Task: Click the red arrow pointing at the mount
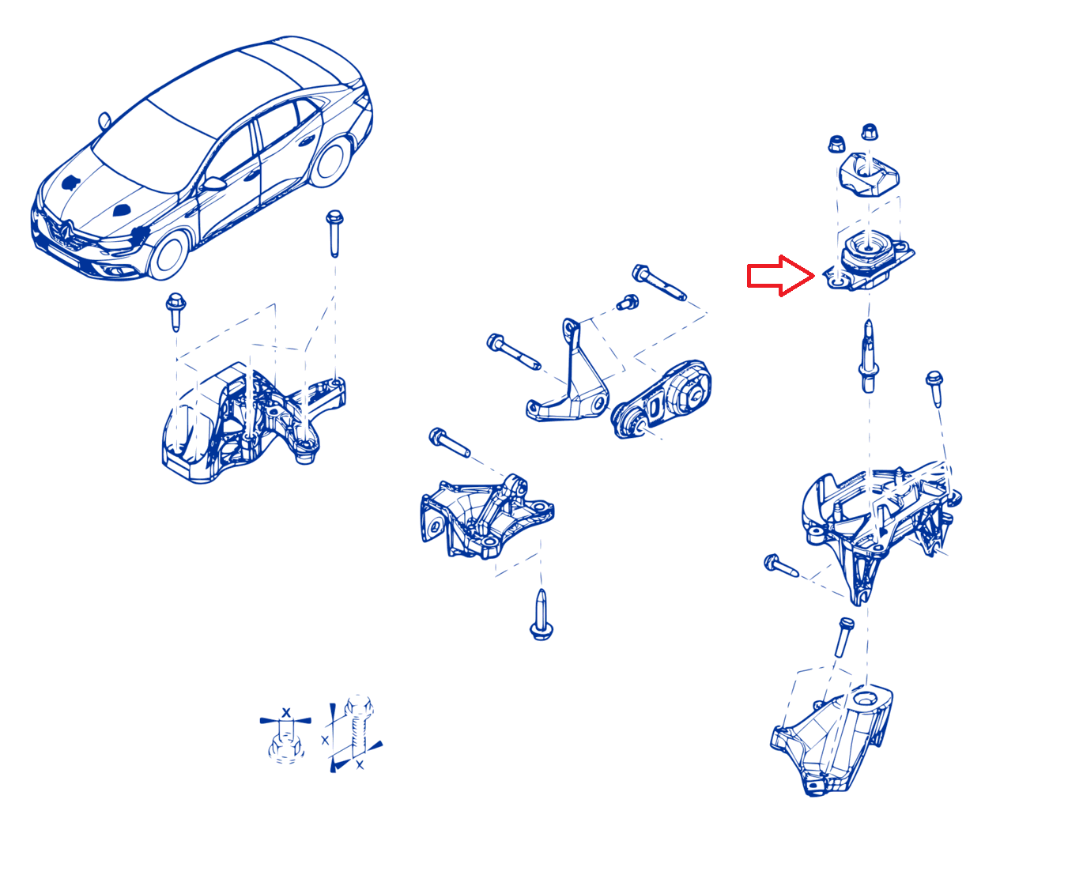779,276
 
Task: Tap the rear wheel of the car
330,161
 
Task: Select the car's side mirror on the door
213,183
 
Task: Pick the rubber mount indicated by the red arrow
868,260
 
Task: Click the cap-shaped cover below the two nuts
869,175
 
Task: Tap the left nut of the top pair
836,144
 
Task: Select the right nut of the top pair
870,131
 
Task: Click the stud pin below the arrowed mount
869,356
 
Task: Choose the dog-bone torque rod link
661,399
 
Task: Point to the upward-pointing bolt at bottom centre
541,614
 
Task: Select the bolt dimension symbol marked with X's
354,734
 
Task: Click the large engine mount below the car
253,422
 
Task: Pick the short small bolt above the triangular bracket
628,302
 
